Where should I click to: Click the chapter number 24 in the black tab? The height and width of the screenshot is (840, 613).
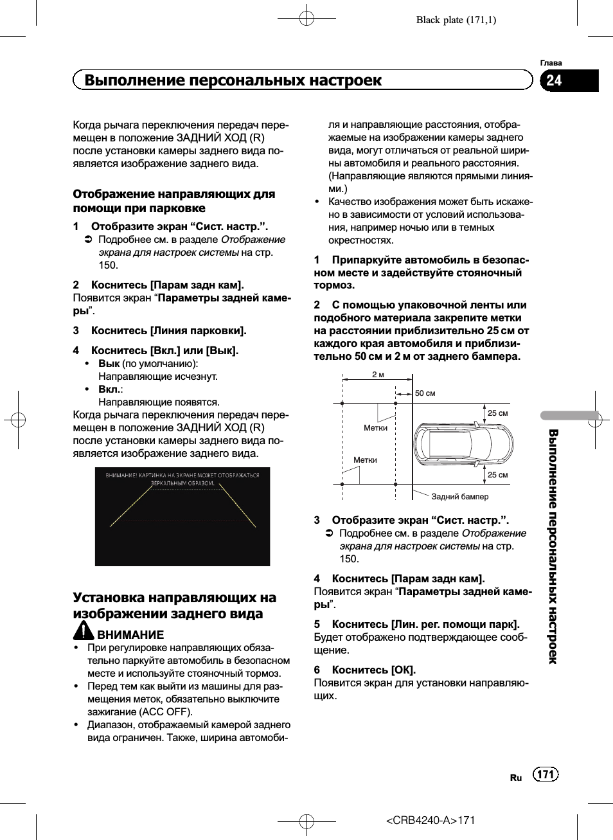[554, 80]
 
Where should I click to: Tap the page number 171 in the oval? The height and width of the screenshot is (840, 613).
[546, 774]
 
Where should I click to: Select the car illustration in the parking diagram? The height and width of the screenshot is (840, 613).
[463, 443]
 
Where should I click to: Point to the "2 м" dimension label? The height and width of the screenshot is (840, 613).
[378, 375]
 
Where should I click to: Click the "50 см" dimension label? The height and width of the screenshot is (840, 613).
[425, 393]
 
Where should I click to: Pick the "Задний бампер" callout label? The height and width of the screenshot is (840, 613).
[459, 497]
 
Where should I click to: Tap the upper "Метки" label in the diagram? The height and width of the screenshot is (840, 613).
[375, 428]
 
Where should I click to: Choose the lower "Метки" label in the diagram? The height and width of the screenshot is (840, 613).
[365, 460]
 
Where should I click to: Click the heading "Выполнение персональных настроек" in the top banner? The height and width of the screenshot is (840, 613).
[233, 80]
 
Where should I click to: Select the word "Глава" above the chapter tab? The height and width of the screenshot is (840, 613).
[551, 63]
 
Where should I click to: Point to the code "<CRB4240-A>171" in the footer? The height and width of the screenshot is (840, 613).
[431, 820]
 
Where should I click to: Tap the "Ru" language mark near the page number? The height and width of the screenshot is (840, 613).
[516, 778]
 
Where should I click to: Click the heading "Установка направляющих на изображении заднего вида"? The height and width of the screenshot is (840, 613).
[174, 605]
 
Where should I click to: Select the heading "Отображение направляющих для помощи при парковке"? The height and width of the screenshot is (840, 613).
[173, 201]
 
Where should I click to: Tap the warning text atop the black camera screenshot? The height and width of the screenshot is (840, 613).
[182, 479]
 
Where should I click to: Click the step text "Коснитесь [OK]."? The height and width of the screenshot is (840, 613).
[373, 670]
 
